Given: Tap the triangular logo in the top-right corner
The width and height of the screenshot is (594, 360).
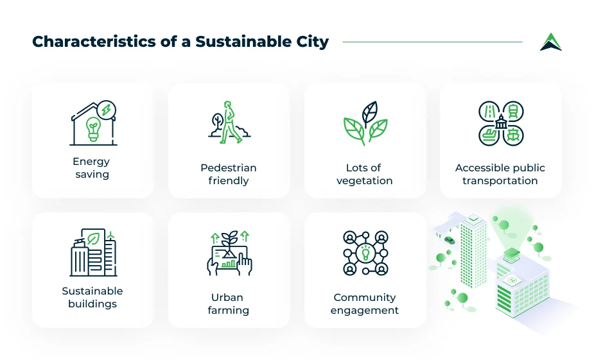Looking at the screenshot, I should [550, 42].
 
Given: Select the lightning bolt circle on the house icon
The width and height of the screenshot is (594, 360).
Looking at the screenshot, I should [108, 110].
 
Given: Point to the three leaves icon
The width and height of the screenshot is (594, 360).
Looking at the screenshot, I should [365, 123].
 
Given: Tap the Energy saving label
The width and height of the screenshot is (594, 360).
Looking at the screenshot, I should [92, 168].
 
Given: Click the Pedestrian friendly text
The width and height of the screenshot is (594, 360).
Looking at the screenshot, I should [228, 174].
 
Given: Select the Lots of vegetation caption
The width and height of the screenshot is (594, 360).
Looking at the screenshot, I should [364, 174].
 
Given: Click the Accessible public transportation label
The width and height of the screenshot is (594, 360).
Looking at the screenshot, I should [500, 174].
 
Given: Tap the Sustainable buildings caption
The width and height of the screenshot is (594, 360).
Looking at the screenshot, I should [92, 297].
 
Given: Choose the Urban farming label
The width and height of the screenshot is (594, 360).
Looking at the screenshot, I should [228, 304].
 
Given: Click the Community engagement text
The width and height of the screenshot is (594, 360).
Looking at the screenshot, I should [364, 304].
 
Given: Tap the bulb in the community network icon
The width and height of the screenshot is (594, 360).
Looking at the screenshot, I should [365, 253].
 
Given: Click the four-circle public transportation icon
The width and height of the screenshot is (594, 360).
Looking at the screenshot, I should [501, 123].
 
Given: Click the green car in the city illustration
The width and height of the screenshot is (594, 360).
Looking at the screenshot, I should [449, 240].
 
